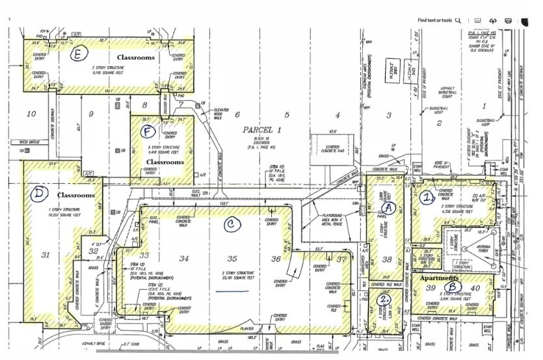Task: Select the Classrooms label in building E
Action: point(135,58)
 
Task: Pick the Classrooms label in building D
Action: point(76,195)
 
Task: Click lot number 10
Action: point(31,114)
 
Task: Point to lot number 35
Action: point(232,259)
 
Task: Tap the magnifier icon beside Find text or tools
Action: point(459,20)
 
